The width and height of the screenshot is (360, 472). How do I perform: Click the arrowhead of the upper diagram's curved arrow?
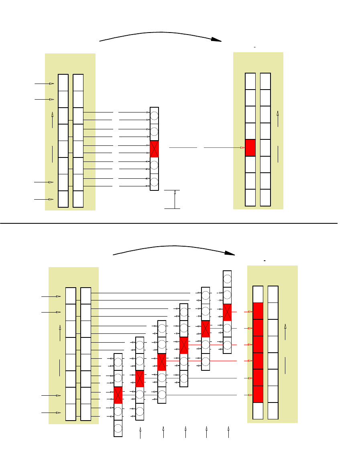pos(217,39)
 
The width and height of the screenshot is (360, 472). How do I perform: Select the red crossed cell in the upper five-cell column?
pos(155,149)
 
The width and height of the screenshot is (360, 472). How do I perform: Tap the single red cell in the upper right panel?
pos(250,148)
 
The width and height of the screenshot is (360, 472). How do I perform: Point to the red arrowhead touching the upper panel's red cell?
pos(242,148)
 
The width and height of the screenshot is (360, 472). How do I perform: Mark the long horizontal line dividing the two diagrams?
pos(169,223)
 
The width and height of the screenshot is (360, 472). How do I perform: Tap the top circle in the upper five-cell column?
pos(155,116)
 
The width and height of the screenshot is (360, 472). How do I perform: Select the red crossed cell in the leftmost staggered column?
pos(118,395)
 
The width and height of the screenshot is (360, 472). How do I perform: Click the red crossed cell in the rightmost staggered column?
pos(227,312)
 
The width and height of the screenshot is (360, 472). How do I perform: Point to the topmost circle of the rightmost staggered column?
pos(227,279)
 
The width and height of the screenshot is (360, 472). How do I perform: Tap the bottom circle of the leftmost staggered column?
pos(118,428)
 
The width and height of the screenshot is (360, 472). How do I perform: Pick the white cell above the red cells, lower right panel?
pos(258,294)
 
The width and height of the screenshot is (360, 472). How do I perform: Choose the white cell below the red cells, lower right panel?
pos(258,411)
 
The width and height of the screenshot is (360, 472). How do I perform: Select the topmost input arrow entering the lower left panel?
pos(58,296)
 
